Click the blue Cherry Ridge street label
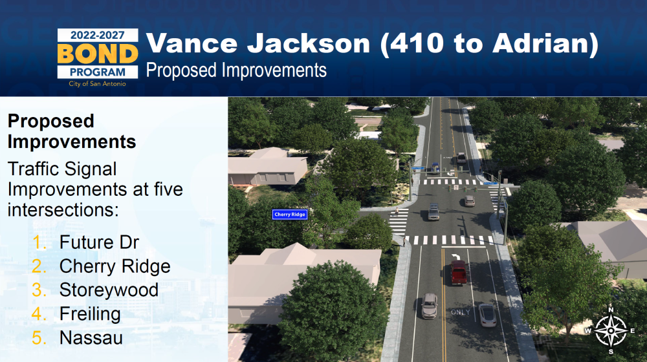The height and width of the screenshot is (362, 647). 290,215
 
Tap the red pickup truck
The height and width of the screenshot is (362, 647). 459,272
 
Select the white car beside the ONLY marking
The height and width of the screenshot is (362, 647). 487,315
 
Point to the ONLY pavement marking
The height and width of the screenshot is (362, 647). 461,312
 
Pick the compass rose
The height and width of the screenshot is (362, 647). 611,331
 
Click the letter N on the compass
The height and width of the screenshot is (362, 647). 611,310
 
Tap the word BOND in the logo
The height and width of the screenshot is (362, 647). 98,54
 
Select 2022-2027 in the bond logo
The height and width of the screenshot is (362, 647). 98,36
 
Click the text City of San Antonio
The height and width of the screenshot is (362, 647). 98,83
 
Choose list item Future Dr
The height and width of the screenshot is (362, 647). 99,242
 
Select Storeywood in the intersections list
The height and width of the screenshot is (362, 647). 109,290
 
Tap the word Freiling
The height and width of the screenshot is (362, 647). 90,314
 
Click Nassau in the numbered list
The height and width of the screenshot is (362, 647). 91,337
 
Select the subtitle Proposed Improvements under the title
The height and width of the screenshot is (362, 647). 236,70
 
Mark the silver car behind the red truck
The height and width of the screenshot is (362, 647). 429,306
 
